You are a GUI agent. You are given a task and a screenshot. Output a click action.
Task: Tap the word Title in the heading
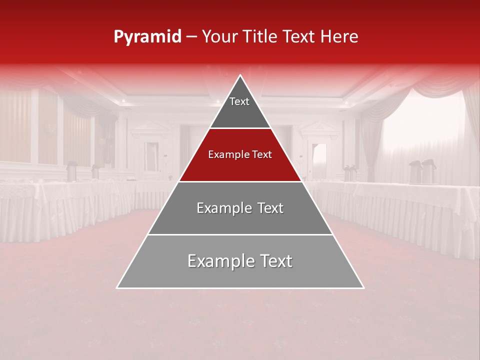(260, 37)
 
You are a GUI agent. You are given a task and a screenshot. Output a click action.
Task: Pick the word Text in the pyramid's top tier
(239, 101)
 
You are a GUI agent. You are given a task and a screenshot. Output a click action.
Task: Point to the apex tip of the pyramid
(240, 76)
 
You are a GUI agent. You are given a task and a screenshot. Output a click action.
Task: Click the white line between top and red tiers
(240, 128)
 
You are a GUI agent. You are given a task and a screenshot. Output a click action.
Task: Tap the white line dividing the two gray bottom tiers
(240, 234)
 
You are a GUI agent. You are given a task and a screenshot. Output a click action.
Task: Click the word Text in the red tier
(261, 154)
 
